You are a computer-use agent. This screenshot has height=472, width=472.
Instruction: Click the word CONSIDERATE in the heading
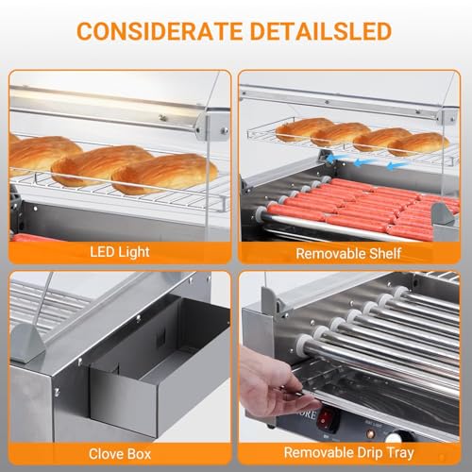(x=161, y=31)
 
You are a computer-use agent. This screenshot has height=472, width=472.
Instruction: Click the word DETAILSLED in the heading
(x=321, y=31)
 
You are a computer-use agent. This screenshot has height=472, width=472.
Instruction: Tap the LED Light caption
(x=117, y=252)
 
